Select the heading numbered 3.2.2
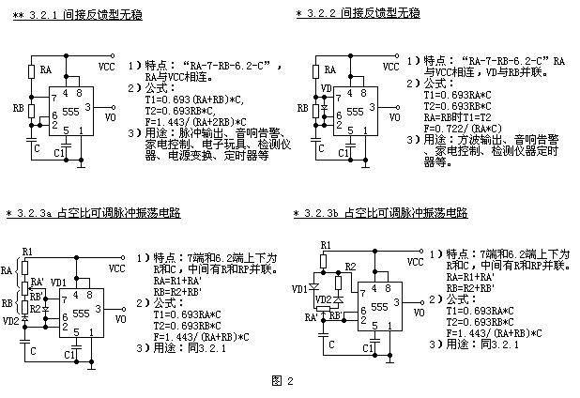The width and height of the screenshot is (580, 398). [358, 14]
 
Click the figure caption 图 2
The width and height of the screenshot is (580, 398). [282, 380]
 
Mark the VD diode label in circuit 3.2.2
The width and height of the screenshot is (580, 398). [326, 89]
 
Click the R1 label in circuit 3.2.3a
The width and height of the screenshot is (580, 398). [26, 252]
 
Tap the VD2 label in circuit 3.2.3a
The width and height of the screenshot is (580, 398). [11, 320]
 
